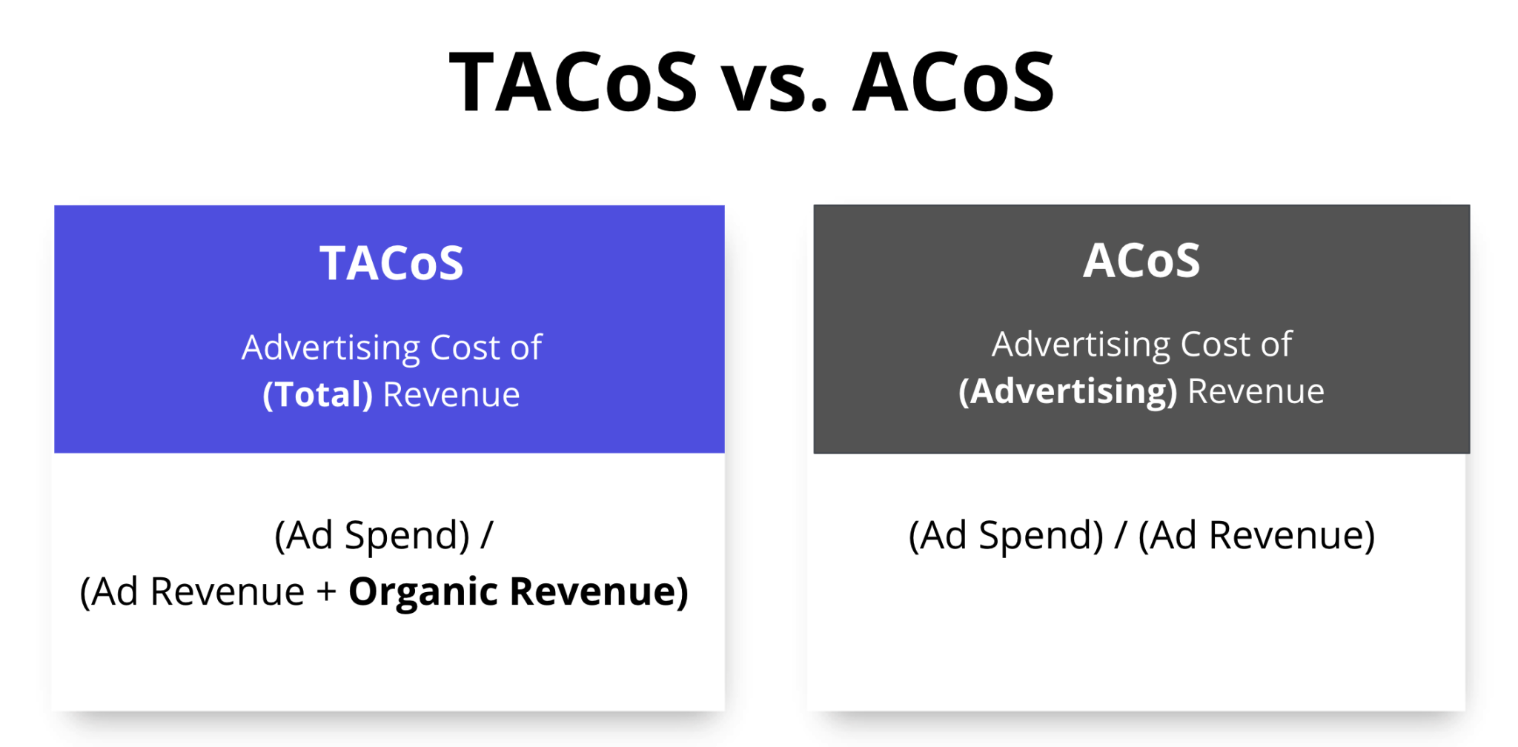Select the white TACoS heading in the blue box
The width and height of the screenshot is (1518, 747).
coord(391,263)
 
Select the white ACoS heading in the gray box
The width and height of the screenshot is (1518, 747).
coord(1141,260)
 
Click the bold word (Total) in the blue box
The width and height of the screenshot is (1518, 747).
coord(318,394)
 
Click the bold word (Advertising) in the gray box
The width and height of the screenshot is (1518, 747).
coord(1068,391)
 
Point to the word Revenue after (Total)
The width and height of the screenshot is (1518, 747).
coord(451,394)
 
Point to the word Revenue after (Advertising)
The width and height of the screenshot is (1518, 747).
coord(1256,391)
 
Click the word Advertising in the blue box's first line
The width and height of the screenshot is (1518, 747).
coord(331,348)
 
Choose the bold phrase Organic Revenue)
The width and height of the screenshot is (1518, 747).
coord(519,591)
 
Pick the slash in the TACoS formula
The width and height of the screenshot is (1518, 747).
coord(486,535)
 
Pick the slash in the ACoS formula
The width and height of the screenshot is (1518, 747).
coord(1121,535)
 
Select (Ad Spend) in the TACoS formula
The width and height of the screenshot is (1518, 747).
coord(372,535)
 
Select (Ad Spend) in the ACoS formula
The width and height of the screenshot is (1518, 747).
coord(1007,535)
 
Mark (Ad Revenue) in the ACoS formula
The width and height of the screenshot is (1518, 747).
coord(1256,535)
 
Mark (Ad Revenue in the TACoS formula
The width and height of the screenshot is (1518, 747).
coord(192,591)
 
